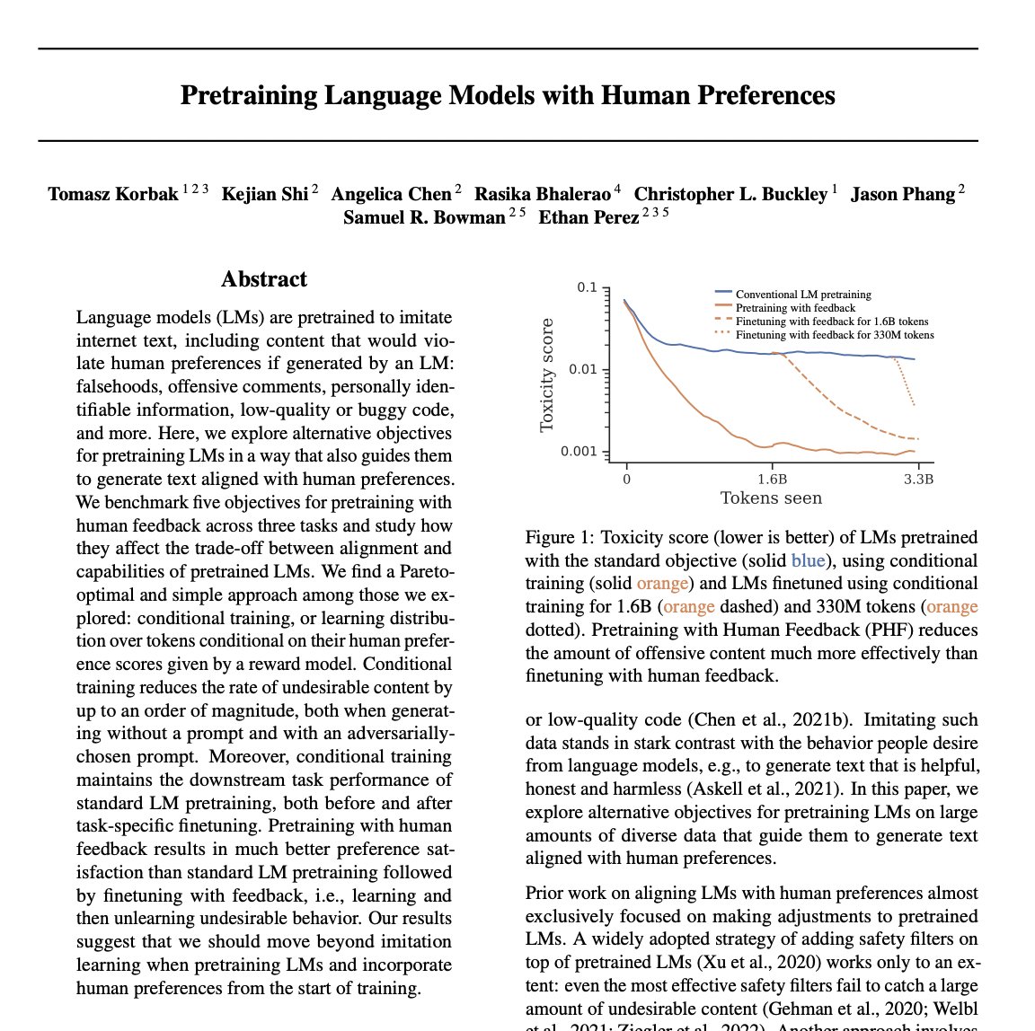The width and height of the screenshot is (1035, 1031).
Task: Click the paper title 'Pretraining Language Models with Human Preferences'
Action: (x=508, y=95)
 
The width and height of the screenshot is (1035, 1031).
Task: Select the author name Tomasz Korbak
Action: (x=113, y=194)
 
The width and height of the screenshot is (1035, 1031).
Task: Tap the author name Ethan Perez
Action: (x=588, y=217)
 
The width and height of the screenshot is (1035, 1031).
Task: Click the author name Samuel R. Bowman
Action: (x=424, y=217)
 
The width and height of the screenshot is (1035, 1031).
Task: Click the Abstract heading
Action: (x=264, y=279)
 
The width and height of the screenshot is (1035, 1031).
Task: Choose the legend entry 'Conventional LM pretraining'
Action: (x=802, y=294)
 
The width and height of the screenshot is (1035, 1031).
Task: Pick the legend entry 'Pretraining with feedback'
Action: (x=794, y=307)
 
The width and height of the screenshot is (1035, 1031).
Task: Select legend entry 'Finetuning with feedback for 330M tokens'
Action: (x=834, y=334)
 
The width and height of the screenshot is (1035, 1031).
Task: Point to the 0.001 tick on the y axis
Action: (x=579, y=451)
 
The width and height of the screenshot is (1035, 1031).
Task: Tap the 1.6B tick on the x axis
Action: (x=771, y=479)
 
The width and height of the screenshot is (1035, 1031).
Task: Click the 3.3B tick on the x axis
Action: (x=917, y=479)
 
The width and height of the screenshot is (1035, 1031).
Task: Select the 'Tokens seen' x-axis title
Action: (x=771, y=498)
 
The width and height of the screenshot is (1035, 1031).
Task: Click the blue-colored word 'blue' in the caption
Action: (x=807, y=560)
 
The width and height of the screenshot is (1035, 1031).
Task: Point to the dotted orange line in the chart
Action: (x=907, y=382)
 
